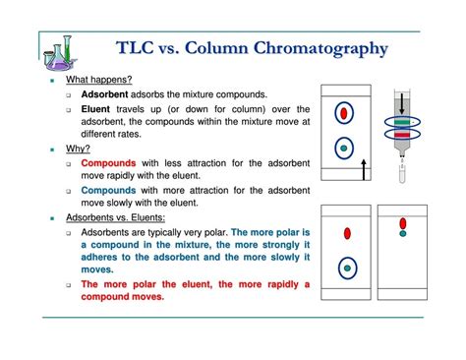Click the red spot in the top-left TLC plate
[344, 113]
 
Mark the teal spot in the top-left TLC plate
[344, 150]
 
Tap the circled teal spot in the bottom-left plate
[347, 269]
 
